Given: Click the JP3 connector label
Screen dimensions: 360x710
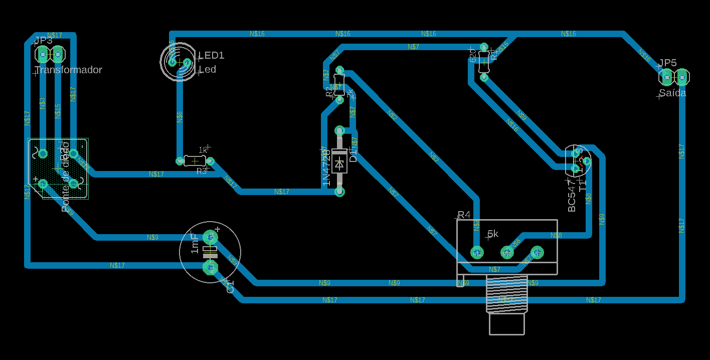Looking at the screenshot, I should pyautogui.click(x=43, y=41).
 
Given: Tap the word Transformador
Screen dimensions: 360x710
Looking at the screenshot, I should pyautogui.click(x=68, y=70).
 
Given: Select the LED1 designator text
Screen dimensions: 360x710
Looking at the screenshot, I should pyautogui.click(x=212, y=55).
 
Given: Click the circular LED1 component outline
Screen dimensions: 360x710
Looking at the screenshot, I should pyautogui.click(x=179, y=62).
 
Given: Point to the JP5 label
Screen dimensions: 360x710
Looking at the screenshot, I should pyautogui.click(x=667, y=63).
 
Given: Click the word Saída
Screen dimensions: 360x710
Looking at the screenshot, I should pyautogui.click(x=672, y=93).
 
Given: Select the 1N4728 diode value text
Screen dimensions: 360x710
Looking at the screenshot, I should pyautogui.click(x=326, y=167).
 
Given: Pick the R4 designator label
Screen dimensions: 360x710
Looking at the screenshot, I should pyautogui.click(x=464, y=215).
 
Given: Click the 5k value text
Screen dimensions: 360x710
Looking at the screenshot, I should pyautogui.click(x=493, y=234).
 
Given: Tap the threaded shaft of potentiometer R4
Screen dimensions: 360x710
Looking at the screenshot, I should pyautogui.click(x=506, y=293).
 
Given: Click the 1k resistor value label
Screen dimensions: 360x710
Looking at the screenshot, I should pyautogui.click(x=203, y=150).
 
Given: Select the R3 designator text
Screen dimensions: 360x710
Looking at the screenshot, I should pyautogui.click(x=202, y=171).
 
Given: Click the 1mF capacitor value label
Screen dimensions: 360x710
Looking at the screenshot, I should pyautogui.click(x=195, y=243).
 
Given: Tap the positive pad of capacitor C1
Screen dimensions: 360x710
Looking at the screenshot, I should pyautogui.click(x=210, y=237).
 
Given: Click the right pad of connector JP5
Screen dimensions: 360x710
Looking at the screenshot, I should pyautogui.click(x=682, y=77).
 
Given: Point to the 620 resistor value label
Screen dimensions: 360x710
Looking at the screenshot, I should pyautogui.click(x=473, y=55).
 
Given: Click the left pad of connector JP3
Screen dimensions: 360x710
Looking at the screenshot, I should pyautogui.click(x=43, y=54).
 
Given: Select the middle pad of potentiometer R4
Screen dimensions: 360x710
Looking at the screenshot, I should pyautogui.click(x=507, y=252).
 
